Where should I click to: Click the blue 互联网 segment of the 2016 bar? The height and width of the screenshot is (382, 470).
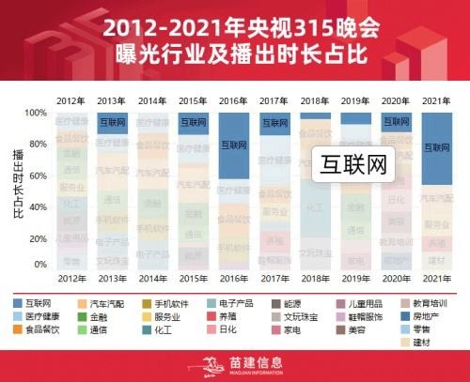click(x=234, y=145)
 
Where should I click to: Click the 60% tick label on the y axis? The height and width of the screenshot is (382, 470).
click(x=35, y=175)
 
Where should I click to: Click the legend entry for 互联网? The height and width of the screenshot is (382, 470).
click(x=38, y=305)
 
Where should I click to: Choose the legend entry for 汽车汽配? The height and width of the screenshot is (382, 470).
click(x=106, y=305)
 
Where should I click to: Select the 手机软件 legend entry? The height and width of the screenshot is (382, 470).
click(x=172, y=305)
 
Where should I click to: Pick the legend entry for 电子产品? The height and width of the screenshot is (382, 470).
click(x=236, y=305)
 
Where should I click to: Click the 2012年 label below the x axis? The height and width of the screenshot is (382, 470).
click(x=70, y=280)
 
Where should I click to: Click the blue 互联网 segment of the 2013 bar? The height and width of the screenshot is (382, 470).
click(x=111, y=122)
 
